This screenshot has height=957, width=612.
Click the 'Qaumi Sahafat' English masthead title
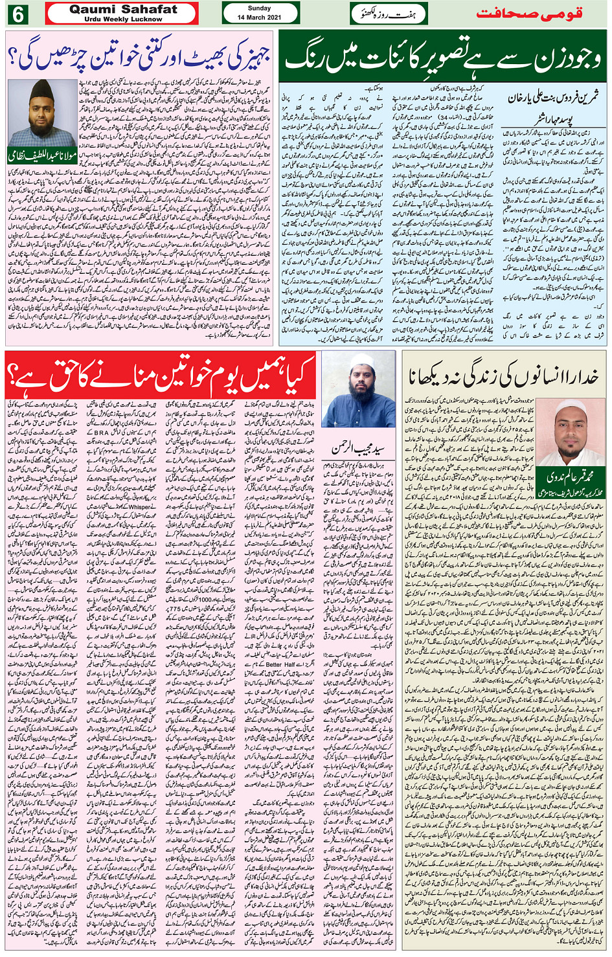(x=123, y=10)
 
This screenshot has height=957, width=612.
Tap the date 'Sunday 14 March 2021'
(x=260, y=14)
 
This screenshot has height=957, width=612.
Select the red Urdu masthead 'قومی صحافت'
(x=529, y=13)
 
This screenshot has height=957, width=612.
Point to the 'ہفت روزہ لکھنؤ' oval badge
(x=388, y=14)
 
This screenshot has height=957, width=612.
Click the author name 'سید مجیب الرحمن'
(x=359, y=447)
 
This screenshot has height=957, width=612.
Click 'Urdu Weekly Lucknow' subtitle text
(x=123, y=19)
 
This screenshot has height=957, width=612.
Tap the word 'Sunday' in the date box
(x=260, y=9)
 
